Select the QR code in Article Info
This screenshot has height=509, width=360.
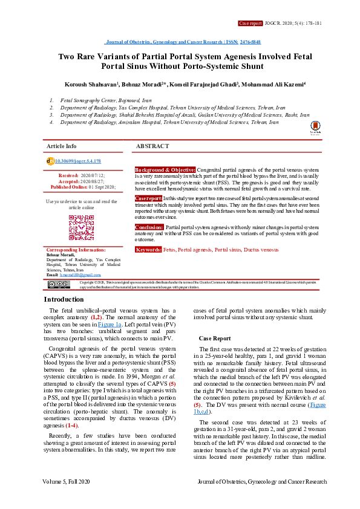click(x=81, y=227)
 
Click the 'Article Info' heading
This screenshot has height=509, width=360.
click(x=62, y=146)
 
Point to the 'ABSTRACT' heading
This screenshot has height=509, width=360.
click(x=152, y=146)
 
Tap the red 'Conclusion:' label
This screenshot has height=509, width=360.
click(x=149, y=227)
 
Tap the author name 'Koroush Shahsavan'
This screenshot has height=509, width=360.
click(x=91, y=84)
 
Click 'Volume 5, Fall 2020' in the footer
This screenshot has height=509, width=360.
click(x=67, y=499)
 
